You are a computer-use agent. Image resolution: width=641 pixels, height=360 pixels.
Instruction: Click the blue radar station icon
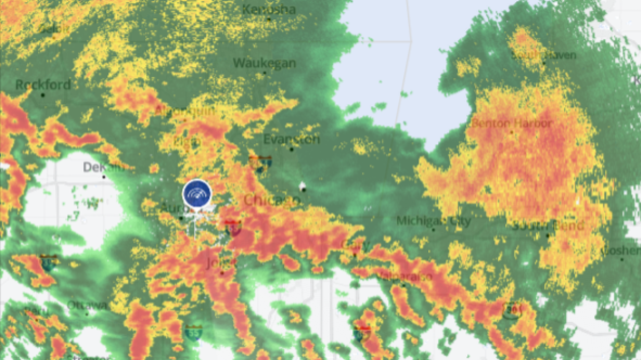[197, 193]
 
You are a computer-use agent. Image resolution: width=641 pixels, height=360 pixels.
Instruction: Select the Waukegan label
[264, 63]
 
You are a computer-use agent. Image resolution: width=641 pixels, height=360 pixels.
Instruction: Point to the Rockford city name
[43, 84]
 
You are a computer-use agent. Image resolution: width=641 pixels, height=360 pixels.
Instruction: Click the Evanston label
[292, 139]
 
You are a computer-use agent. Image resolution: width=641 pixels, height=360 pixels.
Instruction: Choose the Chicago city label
[272, 200]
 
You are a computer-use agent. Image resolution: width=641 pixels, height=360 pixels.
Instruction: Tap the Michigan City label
[434, 221]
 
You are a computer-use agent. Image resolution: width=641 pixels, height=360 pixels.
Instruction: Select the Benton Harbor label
[511, 123]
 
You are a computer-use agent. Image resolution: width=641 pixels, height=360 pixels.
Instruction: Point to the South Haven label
[543, 54]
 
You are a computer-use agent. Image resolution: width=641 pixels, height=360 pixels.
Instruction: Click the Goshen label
[622, 250]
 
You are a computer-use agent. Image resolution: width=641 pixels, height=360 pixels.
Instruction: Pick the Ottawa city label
[87, 306]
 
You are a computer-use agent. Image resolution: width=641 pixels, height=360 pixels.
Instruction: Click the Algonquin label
[185, 111]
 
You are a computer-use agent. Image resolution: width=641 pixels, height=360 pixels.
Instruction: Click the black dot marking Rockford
[43, 95]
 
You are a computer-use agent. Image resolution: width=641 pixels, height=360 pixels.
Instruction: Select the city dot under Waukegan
[264, 73]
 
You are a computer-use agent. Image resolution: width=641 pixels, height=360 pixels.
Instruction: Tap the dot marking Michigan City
[433, 230]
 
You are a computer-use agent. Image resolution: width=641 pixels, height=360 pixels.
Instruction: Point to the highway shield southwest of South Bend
[511, 310]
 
